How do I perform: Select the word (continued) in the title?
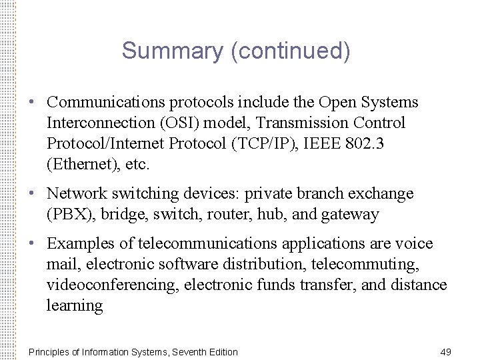[x=290, y=51]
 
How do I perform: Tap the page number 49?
[x=447, y=351]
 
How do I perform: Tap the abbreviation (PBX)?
[x=73, y=215]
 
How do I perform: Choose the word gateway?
[x=351, y=215]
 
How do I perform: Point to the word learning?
[x=75, y=306]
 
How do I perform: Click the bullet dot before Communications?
[x=32, y=103]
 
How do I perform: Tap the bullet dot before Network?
[x=32, y=194]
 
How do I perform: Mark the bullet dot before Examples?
[x=32, y=244]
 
